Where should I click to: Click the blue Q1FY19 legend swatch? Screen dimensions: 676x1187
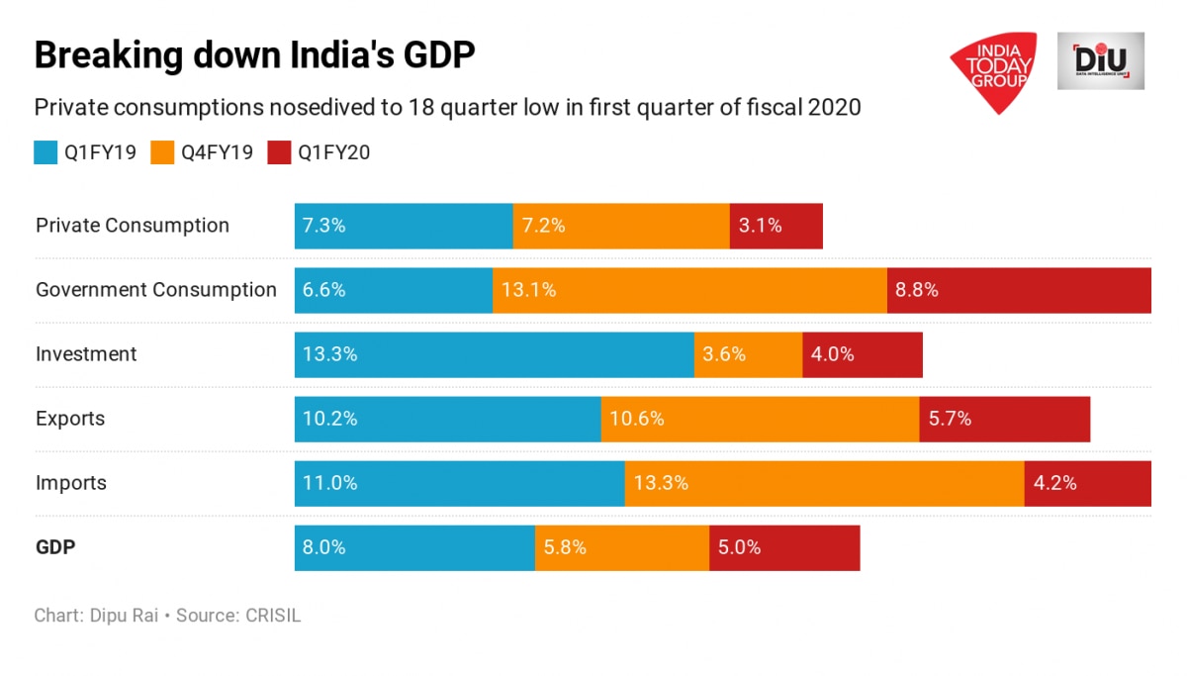click(46, 152)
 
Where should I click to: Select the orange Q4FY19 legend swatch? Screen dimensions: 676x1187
click(162, 152)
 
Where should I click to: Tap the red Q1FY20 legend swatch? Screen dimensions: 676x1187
click(279, 152)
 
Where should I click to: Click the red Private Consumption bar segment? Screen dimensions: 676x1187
click(776, 226)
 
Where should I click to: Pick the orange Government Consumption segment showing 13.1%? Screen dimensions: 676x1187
click(689, 290)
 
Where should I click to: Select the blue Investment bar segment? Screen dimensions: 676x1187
click(494, 354)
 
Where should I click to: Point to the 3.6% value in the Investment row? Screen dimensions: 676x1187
click(724, 354)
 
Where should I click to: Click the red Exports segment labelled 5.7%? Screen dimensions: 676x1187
click(1004, 419)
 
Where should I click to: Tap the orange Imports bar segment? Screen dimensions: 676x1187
click(824, 483)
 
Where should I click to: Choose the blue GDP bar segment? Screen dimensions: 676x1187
click(414, 547)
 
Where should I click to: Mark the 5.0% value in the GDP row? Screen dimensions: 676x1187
click(740, 547)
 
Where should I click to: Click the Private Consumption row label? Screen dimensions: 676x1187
click(133, 226)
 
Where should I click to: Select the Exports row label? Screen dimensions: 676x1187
click(70, 419)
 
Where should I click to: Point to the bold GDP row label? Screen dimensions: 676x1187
click(55, 547)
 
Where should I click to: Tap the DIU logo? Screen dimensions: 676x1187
click(1100, 61)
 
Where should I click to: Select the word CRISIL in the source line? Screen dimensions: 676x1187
click(270, 616)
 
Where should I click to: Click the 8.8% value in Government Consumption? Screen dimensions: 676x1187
click(917, 290)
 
